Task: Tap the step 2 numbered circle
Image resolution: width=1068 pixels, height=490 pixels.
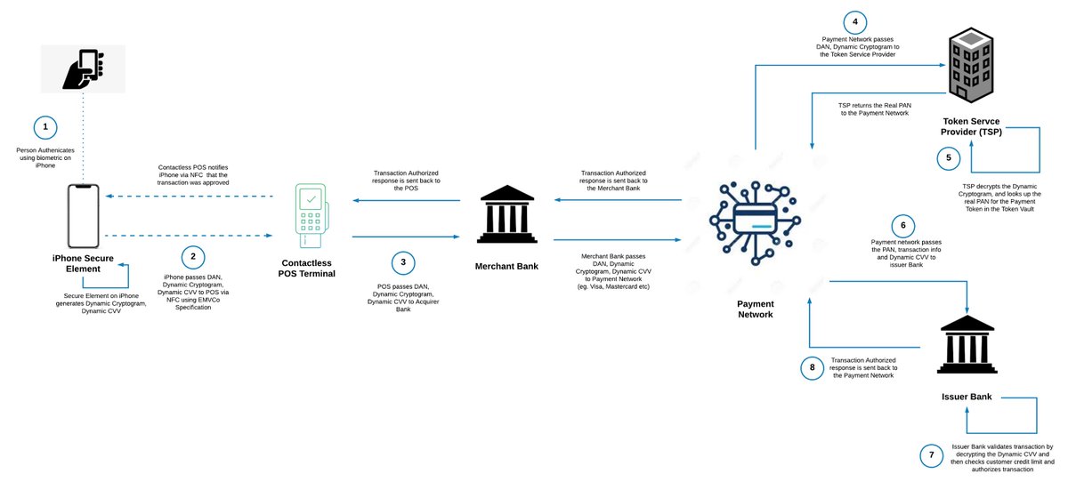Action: pos(191,258)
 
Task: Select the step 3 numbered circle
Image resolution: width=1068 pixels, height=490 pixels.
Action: pos(403,262)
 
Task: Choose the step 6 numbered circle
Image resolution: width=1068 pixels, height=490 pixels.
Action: pos(902,225)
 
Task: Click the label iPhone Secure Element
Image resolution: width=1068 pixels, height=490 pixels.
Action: pos(86,264)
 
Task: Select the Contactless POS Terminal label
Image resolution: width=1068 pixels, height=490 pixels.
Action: pos(311,269)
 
